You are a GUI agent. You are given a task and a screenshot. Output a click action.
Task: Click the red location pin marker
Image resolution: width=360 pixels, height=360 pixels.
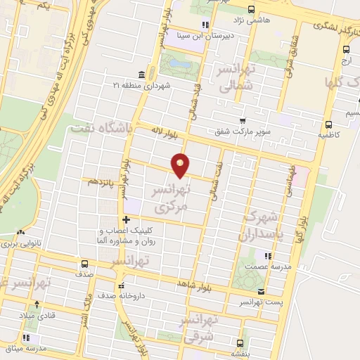181,165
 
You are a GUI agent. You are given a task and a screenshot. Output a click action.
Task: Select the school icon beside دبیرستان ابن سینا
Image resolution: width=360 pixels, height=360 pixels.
205,26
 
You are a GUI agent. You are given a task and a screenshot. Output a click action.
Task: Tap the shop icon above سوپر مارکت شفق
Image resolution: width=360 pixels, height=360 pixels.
243,121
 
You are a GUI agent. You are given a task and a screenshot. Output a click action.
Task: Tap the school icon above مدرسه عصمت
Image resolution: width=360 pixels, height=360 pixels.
267,255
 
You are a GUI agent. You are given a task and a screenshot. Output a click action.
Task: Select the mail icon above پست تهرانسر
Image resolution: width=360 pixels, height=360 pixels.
261,291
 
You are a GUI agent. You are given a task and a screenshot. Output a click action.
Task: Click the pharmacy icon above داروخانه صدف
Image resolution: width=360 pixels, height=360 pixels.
122,286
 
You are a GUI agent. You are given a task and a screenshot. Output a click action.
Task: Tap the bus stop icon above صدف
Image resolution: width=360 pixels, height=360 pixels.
80,265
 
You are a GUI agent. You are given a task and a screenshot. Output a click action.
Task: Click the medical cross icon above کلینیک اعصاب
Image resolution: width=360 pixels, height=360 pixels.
125,219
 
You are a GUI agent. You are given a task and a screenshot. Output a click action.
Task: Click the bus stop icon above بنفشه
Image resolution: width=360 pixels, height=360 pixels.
241,344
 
